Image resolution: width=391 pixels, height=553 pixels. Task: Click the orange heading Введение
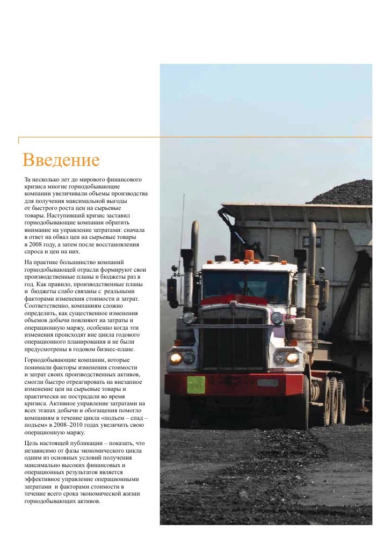(x=62, y=160)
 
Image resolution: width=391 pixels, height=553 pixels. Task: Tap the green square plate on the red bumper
(x=195, y=384)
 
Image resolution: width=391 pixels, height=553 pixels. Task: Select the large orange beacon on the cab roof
(x=249, y=256)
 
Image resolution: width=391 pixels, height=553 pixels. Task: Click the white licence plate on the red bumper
(x=267, y=383)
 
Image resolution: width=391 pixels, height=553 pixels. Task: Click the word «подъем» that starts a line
(x=38, y=425)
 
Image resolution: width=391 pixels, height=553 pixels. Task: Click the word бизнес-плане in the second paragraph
(x=115, y=349)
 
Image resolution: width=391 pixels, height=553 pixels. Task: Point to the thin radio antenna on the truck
(x=182, y=231)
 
